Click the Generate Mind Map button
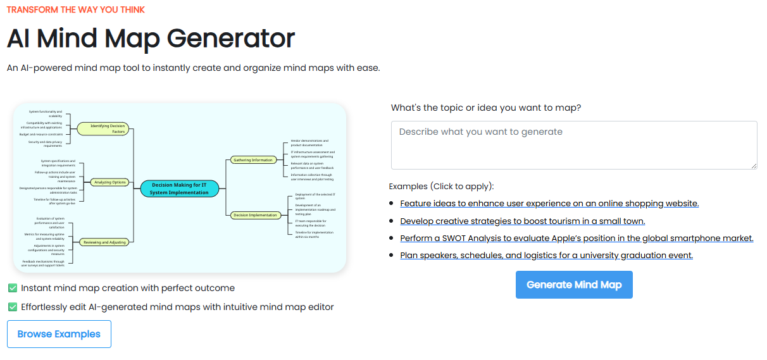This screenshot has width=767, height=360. click(574, 285)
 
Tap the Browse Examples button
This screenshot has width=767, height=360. click(59, 334)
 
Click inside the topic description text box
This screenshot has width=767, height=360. click(573, 145)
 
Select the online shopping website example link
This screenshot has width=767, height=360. click(549, 204)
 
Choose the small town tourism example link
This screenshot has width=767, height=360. click(522, 221)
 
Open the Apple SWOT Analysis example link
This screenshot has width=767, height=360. click(577, 239)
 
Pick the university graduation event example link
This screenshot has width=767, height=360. click(546, 256)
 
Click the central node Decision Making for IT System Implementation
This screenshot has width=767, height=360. click(179, 189)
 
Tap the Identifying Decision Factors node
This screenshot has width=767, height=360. click(104, 128)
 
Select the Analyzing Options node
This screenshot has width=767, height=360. click(110, 182)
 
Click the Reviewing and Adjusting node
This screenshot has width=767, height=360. click(104, 242)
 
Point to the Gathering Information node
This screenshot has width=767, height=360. click(253, 160)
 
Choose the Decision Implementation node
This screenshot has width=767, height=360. click(255, 215)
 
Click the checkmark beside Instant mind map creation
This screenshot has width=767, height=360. click(13, 289)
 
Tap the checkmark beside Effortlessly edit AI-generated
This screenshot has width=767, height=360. click(13, 307)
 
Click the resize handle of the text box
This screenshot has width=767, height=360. click(753, 165)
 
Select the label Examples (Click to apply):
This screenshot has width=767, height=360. click(441, 187)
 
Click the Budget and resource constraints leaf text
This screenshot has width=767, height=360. click(42, 134)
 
